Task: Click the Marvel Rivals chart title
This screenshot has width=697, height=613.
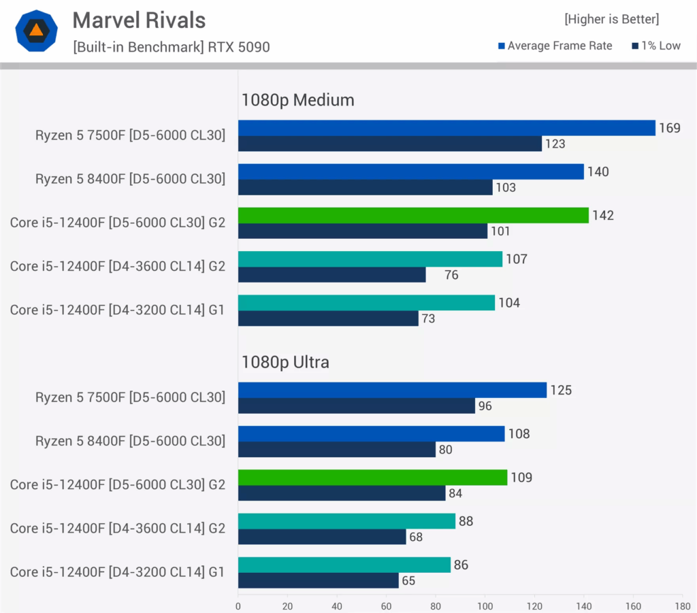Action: (139, 20)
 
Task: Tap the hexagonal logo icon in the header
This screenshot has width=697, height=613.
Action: (36, 31)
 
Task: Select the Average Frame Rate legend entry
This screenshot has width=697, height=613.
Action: (555, 46)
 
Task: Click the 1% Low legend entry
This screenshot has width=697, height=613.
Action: (656, 46)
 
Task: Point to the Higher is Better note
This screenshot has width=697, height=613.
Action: (611, 19)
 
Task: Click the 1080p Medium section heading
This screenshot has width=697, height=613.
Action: (297, 100)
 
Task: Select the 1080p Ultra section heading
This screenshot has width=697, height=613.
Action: (285, 362)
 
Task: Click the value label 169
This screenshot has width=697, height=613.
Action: (669, 128)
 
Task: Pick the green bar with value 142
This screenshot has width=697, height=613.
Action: (413, 215)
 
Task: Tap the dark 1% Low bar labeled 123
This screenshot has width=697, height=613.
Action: (389, 144)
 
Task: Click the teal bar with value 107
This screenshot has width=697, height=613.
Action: (370, 259)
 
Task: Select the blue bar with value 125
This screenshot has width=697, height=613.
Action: (392, 390)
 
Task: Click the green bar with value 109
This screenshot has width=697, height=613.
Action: (372, 477)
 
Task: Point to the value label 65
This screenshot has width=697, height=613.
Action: (408, 581)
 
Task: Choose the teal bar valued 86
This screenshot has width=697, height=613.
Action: (344, 565)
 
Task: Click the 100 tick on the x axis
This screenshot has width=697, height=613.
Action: (485, 605)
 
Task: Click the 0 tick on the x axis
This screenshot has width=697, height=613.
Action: (238, 605)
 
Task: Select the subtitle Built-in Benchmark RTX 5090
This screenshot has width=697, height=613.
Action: (171, 47)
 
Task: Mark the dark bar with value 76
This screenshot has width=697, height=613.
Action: (331, 274)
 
